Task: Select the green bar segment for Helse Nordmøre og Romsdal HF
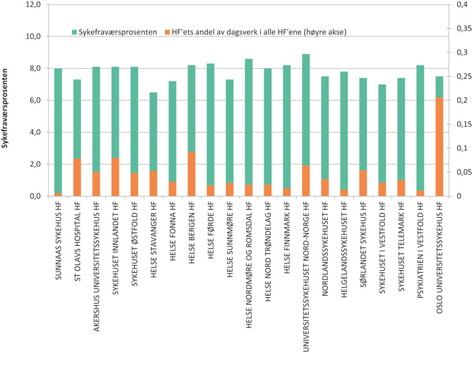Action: point(249,121)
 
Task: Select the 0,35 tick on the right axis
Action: point(459,29)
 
